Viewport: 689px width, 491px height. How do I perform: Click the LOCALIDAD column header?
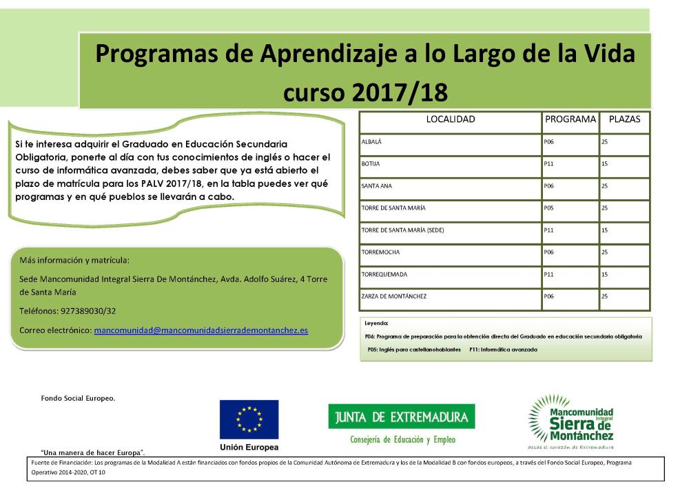pyautogui.click(x=451, y=119)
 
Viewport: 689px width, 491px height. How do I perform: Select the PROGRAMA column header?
pyautogui.click(x=570, y=119)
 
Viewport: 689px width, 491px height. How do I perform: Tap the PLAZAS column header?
pyautogui.click(x=624, y=119)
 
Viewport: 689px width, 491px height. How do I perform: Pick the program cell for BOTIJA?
pyautogui.click(x=549, y=164)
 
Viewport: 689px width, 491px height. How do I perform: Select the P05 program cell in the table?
pyautogui.click(x=549, y=208)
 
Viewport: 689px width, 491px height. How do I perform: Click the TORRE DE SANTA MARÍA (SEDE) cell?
pyautogui.click(x=402, y=230)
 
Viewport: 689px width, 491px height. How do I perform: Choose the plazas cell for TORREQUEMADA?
pyautogui.click(x=604, y=274)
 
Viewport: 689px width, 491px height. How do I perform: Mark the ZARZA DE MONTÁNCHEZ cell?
pyautogui.click(x=394, y=297)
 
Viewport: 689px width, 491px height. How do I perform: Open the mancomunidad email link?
pyautogui.click(x=200, y=330)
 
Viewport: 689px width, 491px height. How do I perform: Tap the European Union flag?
pyautogui.click(x=249, y=419)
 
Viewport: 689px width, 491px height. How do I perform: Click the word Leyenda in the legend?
pyautogui.click(x=376, y=323)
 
